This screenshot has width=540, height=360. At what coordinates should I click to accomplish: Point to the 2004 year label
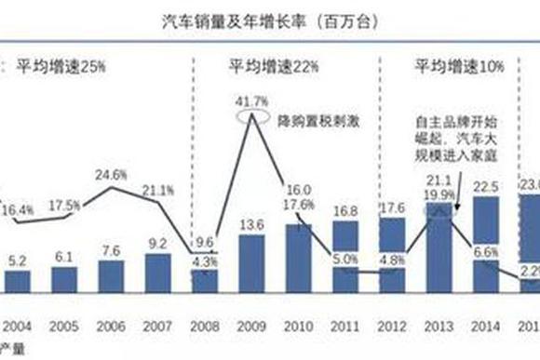(x=20, y=327)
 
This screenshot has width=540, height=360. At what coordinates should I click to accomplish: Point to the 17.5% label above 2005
(x=66, y=204)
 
